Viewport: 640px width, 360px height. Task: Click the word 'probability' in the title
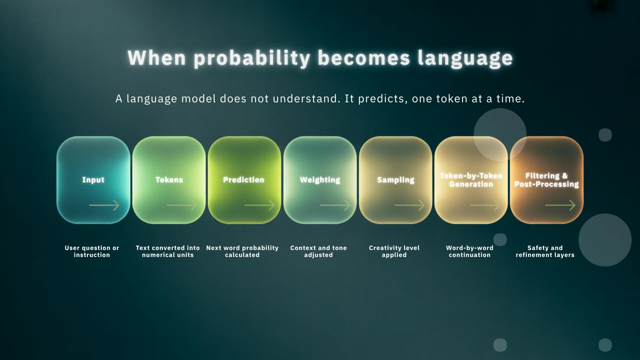coord(252,59)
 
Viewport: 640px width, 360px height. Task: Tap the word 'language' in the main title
coord(465,59)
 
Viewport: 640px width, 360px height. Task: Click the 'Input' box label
coord(93,180)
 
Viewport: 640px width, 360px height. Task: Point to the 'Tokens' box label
coord(169,180)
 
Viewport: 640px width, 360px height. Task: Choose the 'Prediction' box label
coord(244,180)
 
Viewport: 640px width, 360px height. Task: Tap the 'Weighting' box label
coord(320,180)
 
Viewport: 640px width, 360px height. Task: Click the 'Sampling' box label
coord(396,180)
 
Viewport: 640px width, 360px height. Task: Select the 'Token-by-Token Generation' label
coord(471,180)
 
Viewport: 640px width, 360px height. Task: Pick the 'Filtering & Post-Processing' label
coord(547,180)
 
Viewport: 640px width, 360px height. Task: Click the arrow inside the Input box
coord(104,205)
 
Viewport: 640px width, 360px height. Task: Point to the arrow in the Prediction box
coord(260,205)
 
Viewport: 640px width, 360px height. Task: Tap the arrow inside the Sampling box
coord(410,205)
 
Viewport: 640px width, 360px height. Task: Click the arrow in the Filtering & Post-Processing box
coord(561,205)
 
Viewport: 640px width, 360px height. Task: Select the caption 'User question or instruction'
coord(92,251)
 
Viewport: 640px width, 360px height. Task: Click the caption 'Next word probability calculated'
coord(242,251)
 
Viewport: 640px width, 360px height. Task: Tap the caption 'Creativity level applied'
coord(394,251)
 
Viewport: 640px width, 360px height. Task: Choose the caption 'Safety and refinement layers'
coord(545,251)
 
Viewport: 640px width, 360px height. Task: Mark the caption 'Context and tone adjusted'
coord(319,251)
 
